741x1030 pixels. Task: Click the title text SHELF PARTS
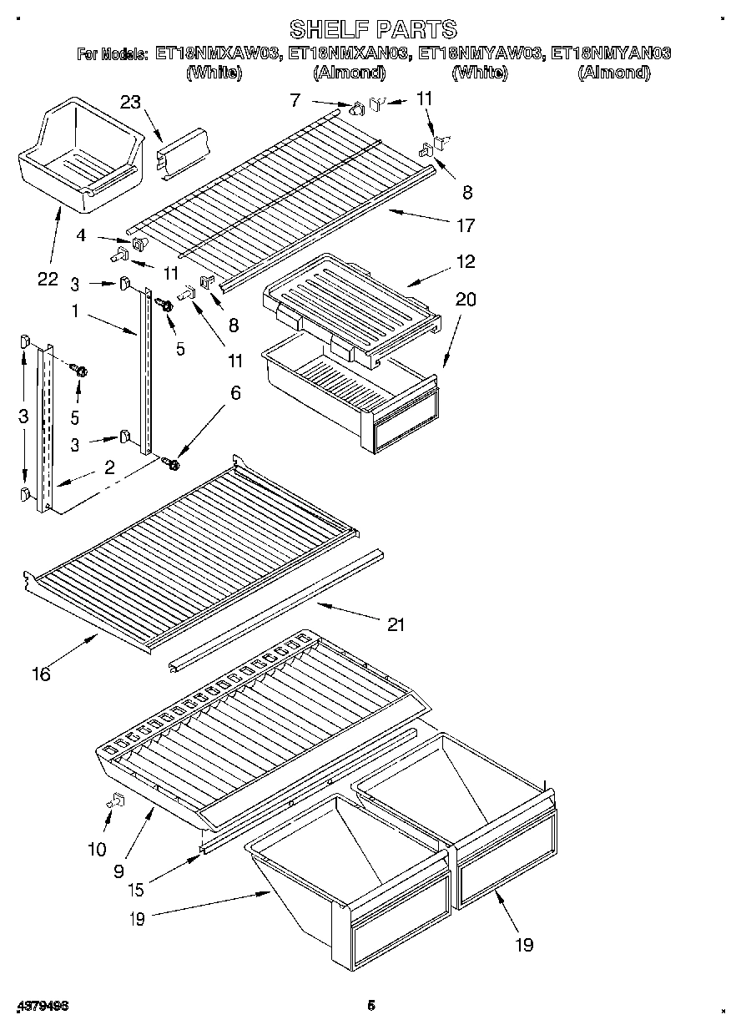click(372, 30)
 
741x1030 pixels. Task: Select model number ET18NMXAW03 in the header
click(217, 54)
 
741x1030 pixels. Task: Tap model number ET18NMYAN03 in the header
click(612, 54)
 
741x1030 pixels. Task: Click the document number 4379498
click(41, 1006)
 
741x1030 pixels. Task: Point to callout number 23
click(130, 102)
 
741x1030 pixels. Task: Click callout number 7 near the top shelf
click(294, 99)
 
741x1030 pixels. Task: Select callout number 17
click(465, 225)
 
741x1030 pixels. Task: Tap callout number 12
click(466, 261)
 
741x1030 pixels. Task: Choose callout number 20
click(465, 300)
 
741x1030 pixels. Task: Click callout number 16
click(40, 674)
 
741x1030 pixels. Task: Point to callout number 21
click(395, 624)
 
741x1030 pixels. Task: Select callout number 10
click(97, 850)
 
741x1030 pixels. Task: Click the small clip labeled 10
click(116, 801)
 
